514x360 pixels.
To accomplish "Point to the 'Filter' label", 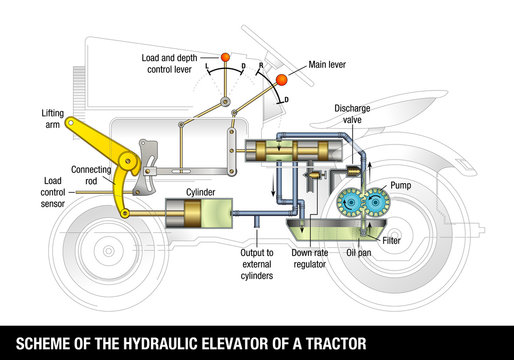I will click(394, 241).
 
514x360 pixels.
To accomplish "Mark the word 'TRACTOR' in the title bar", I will click(328, 341).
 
